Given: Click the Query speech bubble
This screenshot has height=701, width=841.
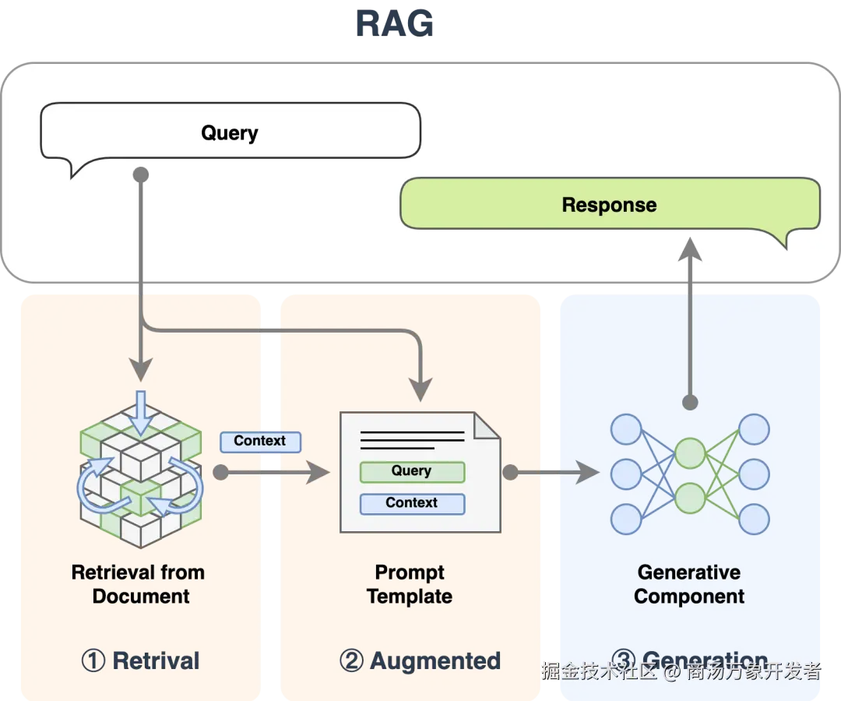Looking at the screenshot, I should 230,132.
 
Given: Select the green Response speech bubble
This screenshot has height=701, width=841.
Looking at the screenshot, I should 609,205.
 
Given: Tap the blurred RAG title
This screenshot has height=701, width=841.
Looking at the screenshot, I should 395,23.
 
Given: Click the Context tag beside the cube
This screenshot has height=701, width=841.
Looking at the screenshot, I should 260,441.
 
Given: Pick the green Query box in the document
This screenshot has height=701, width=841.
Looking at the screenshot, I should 412,471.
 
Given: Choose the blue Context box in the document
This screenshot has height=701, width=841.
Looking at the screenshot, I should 412,503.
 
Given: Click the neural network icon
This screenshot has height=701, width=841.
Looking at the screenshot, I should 690,474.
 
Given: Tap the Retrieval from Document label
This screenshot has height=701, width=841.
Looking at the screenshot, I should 139,584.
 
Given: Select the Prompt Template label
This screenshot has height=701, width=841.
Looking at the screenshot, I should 410,584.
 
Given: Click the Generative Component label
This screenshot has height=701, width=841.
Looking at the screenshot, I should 689,584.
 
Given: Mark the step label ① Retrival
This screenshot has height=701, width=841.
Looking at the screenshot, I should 141,660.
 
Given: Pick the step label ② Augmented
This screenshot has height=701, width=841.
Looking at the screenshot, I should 420,660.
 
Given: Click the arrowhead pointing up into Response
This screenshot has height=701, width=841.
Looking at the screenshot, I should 690,249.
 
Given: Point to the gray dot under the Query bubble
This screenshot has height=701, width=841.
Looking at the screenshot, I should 141,174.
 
